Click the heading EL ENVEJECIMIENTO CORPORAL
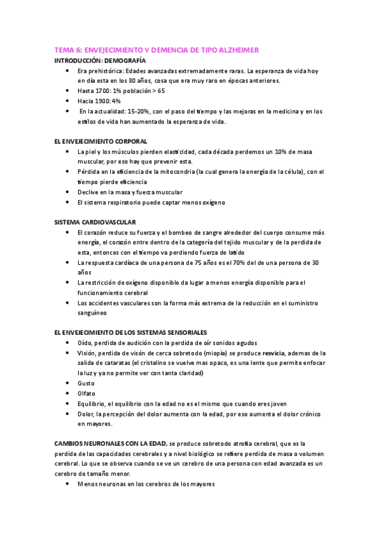click(101, 141)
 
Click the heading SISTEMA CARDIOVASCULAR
click(95, 222)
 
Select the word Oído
click(84, 343)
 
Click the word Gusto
click(86, 383)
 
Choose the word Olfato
click(87, 394)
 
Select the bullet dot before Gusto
click(68, 383)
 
